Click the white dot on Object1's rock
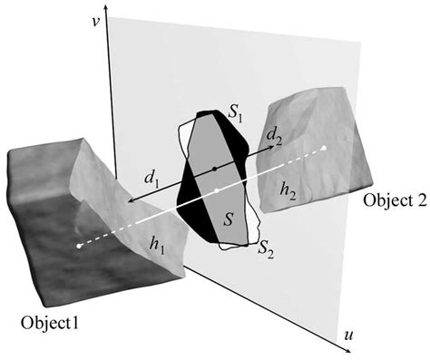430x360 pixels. pyautogui.click(x=79, y=245)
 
